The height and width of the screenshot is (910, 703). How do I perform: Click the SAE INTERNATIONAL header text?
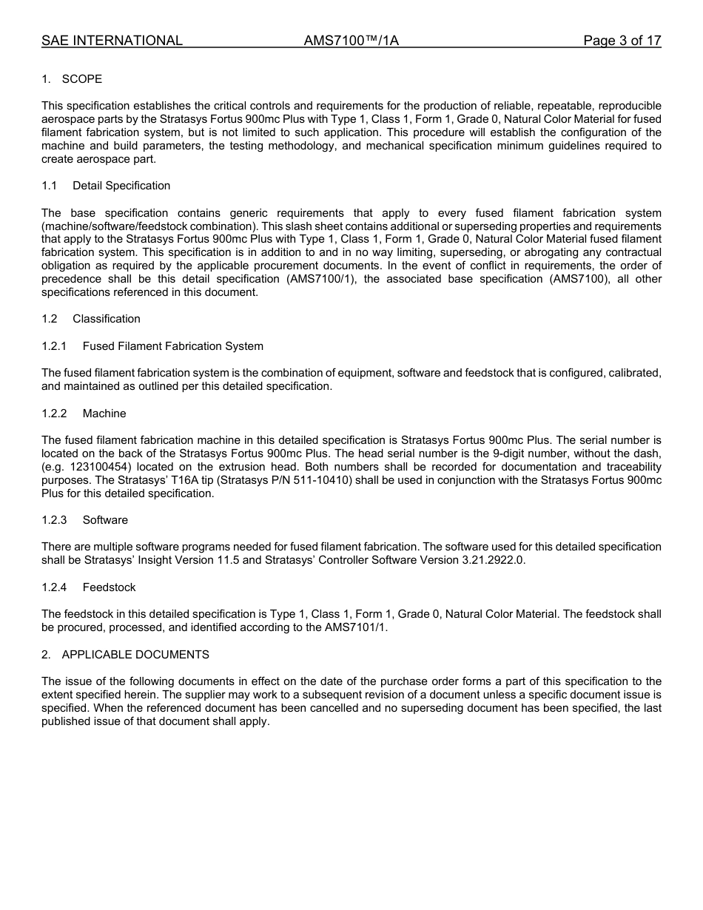pyautogui.click(x=112, y=41)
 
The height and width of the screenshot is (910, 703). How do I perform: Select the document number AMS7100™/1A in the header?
pyautogui.click(x=351, y=41)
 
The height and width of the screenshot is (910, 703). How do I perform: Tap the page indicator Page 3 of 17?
pyautogui.click(x=622, y=41)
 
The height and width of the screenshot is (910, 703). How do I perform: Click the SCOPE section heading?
pyautogui.click(x=81, y=79)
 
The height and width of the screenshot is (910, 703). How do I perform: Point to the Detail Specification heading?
pyautogui.click(x=121, y=186)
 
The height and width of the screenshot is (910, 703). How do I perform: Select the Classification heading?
pyautogui.click(x=106, y=319)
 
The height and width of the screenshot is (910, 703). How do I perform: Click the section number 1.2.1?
pyautogui.click(x=54, y=346)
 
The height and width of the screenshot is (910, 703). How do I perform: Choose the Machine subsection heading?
pyautogui.click(x=104, y=414)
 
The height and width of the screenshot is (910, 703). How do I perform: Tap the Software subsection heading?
pyautogui.click(x=105, y=520)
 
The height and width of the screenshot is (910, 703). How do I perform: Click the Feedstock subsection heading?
pyautogui.click(x=109, y=587)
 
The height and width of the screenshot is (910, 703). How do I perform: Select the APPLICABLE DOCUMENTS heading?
pyautogui.click(x=135, y=655)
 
